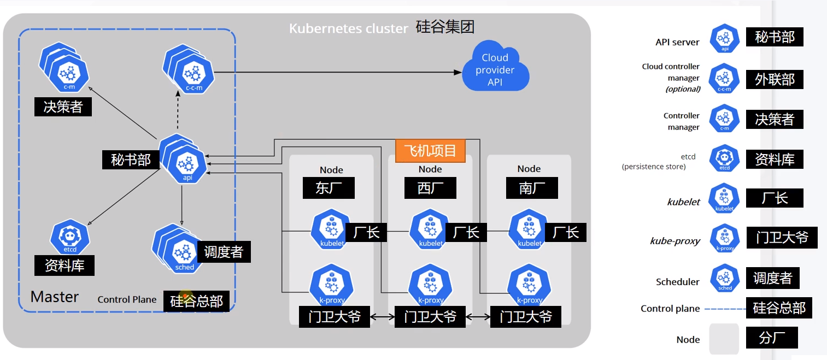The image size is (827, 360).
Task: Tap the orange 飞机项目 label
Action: point(430,150)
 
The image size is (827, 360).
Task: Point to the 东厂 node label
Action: point(329,188)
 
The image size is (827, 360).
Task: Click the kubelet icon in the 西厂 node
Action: point(431,229)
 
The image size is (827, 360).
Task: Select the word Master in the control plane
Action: point(55,297)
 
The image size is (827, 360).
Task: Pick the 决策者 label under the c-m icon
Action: point(63,107)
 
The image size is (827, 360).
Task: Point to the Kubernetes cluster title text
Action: point(348,28)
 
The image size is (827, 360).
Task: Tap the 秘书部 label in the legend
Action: point(775,37)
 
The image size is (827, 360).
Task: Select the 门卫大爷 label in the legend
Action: point(782,238)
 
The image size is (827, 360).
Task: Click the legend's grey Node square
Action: point(724,339)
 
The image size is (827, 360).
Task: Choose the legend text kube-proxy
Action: point(674,241)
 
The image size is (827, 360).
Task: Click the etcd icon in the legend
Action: point(724,159)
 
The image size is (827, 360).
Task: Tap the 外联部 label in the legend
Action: point(775,79)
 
